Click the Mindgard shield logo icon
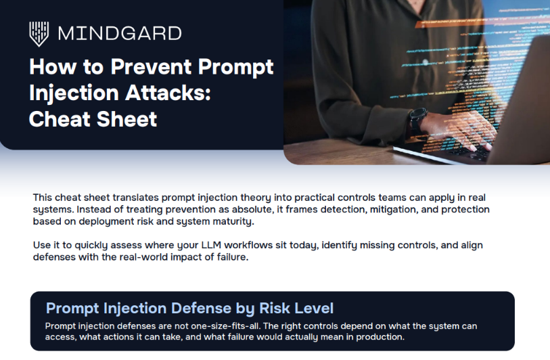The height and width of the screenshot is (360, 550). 39,32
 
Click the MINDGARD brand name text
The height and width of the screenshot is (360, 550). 120,33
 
